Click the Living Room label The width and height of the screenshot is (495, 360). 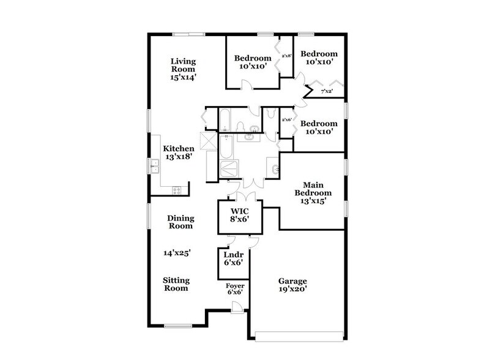pos(184,69)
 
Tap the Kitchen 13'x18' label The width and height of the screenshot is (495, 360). pos(179,152)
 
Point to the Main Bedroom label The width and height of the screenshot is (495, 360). pos(313,193)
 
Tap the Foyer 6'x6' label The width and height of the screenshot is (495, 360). pos(236,289)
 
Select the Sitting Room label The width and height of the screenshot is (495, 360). pos(176,284)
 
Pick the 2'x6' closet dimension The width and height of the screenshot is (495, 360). pos(286,119)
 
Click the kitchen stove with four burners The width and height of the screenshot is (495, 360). pos(177,190)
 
